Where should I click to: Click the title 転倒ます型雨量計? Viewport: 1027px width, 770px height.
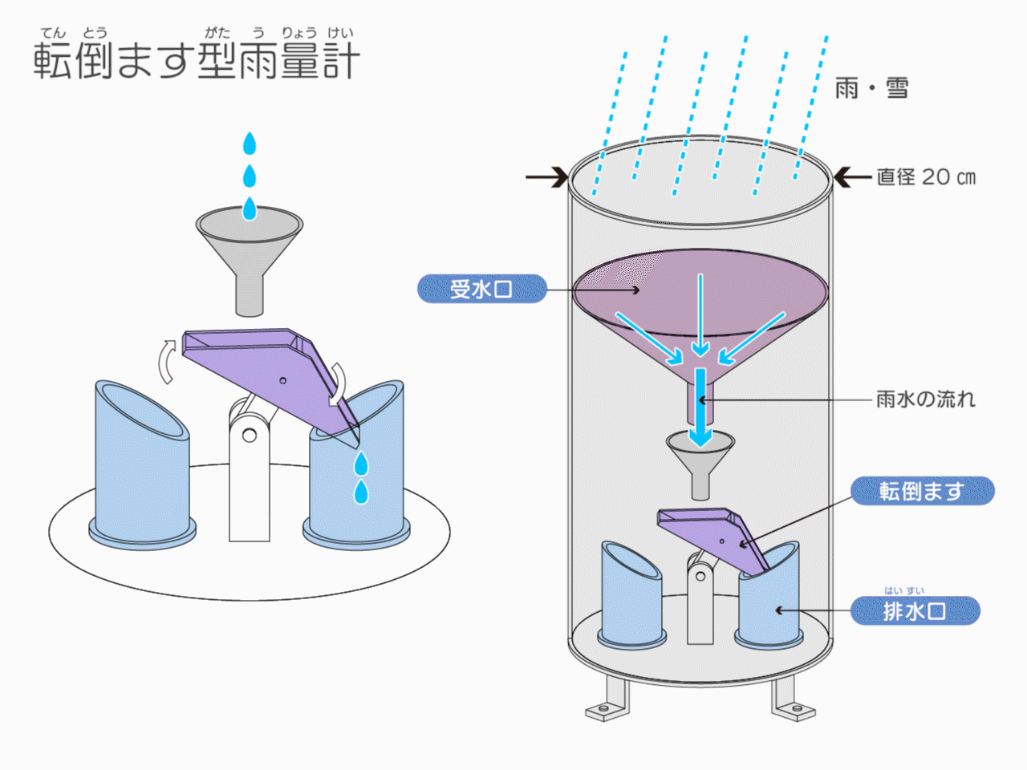[x=197, y=60]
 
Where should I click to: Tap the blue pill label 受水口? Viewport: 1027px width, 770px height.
[x=481, y=289]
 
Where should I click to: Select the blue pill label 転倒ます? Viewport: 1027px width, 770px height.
[x=922, y=491]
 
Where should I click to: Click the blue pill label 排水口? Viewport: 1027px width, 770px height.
[x=915, y=611]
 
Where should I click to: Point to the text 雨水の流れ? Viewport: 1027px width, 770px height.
[x=925, y=399]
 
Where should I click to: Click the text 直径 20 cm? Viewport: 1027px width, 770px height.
[x=926, y=177]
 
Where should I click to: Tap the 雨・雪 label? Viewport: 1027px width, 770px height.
[x=871, y=87]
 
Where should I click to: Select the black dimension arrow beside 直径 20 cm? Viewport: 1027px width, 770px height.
[x=851, y=176]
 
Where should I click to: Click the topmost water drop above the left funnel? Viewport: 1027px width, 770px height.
[x=250, y=144]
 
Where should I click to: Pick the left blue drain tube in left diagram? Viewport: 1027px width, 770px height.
[x=142, y=465]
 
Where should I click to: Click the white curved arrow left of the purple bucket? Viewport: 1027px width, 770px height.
[x=167, y=361]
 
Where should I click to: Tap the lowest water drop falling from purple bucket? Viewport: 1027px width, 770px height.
[x=361, y=492]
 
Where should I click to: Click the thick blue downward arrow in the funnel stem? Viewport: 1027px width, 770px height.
[x=700, y=405]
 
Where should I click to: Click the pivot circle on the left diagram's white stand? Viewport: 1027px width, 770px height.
[x=250, y=436]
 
